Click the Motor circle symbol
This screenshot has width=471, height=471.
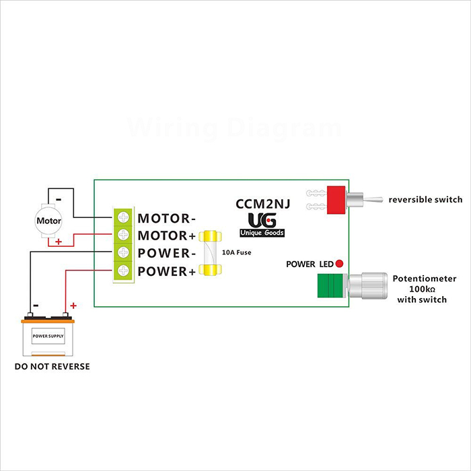point(48,220)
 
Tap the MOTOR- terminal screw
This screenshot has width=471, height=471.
point(124,218)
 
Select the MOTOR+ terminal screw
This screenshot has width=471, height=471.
point(124,235)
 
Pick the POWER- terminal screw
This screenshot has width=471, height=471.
point(124,253)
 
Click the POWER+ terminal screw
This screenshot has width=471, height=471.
point(124,270)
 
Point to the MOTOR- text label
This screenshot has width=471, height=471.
point(167,218)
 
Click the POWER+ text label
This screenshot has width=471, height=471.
point(167,271)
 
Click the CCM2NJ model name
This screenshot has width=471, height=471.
point(262,204)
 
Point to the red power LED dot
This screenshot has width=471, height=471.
point(340,263)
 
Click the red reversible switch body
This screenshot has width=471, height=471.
point(335,199)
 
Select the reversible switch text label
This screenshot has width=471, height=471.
point(425,199)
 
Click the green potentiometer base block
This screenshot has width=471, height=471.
point(330,286)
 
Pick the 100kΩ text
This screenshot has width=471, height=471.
point(425,289)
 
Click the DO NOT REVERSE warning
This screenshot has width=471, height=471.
point(52,367)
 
